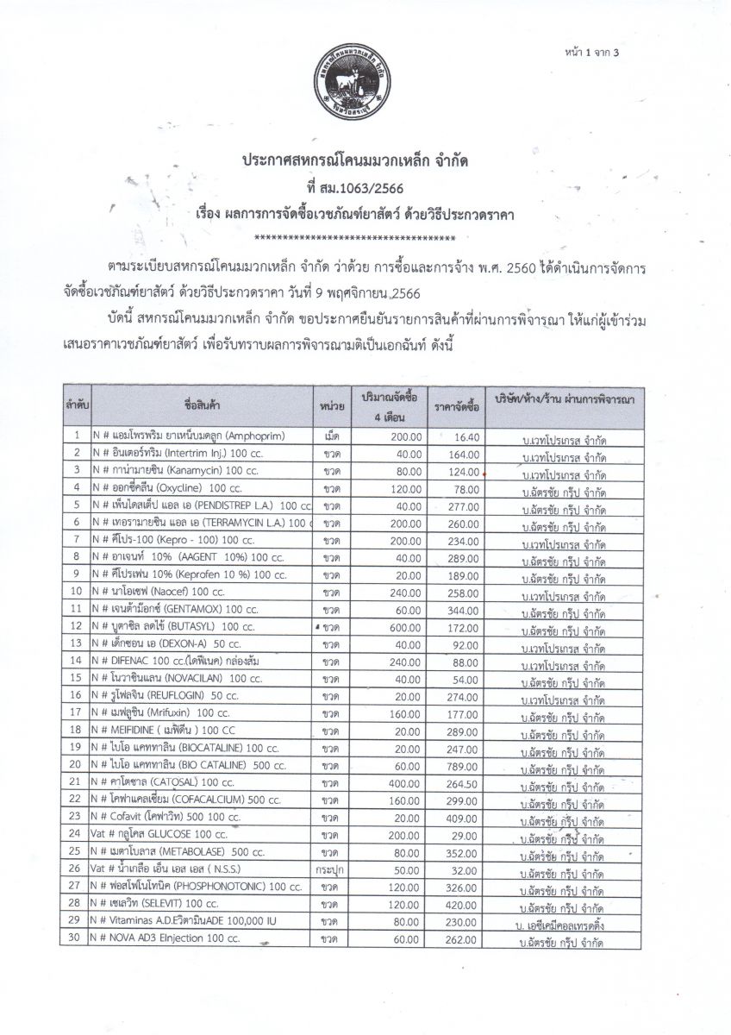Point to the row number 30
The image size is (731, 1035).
77,938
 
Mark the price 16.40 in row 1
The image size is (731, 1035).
465,436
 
